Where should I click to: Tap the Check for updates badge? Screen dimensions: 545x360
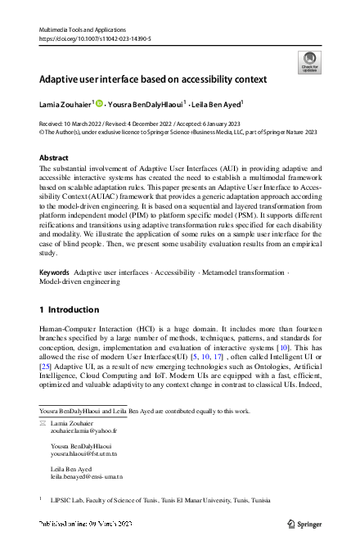(x=309, y=61)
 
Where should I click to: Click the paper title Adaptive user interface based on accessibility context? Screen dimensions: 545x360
(x=154, y=79)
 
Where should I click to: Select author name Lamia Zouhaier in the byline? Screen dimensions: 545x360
(x=65, y=104)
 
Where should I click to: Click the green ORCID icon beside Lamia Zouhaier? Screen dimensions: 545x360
(x=100, y=104)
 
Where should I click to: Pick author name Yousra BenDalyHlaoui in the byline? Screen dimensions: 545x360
(x=150, y=104)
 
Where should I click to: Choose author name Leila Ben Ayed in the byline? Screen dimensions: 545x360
(x=219, y=104)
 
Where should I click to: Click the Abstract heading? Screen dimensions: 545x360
(x=54, y=156)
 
